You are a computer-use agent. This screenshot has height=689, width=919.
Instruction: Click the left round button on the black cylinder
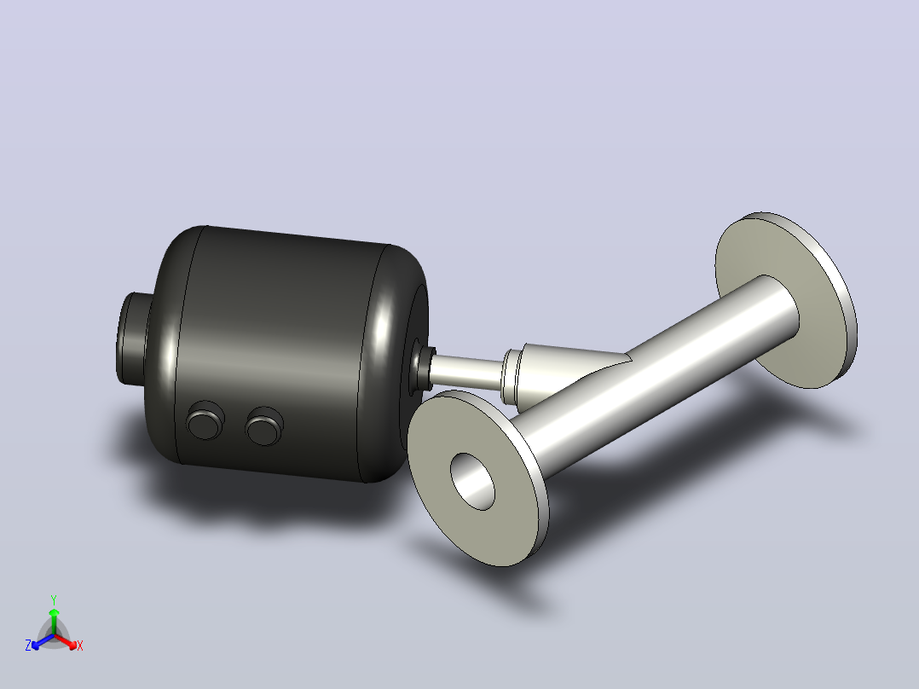pos(205,420)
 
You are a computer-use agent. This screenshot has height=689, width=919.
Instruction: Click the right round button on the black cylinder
pos(265,426)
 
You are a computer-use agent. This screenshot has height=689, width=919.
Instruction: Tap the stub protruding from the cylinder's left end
pos(132,339)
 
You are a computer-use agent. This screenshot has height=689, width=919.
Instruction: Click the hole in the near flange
pos(472,482)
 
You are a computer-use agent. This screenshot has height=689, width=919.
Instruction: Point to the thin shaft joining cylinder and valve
pos(466,371)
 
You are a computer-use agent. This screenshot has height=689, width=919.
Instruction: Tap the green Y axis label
pos(54,599)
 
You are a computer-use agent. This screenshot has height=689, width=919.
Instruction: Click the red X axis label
pos(80,646)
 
